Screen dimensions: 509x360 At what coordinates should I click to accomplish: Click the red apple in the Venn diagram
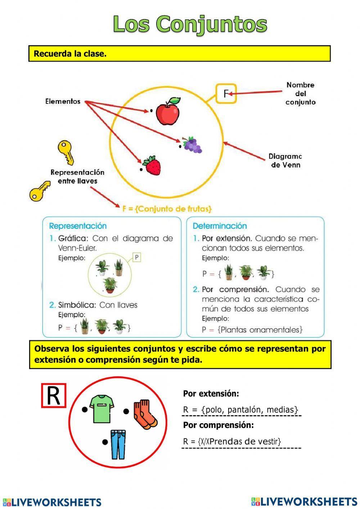[168, 111]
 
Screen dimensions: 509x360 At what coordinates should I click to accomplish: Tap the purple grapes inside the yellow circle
[192, 145]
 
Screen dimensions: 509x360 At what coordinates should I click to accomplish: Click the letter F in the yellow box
[226, 94]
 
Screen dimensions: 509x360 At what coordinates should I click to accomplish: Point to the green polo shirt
[102, 409]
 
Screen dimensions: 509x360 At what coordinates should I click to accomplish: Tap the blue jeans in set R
[118, 444]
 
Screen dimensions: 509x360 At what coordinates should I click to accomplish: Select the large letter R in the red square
[54, 396]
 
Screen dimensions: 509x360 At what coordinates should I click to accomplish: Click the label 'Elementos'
[63, 102]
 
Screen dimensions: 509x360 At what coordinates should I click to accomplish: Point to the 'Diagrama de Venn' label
[285, 161]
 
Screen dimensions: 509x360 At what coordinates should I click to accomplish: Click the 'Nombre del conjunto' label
[301, 94]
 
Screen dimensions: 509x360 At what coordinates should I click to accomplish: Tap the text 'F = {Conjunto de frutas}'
[167, 209]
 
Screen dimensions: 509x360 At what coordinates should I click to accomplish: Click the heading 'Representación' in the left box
[78, 226]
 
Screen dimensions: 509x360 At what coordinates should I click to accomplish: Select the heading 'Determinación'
[220, 226]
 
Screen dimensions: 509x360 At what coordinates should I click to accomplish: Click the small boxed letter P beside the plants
[136, 258]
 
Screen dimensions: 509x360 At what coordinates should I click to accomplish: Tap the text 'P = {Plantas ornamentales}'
[252, 330]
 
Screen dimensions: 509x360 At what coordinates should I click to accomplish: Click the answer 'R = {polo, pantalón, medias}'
[240, 410]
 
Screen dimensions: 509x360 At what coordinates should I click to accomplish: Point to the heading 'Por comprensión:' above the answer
[218, 425]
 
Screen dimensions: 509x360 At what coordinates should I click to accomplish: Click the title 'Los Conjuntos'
[190, 24]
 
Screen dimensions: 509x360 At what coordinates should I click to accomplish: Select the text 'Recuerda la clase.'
[70, 54]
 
